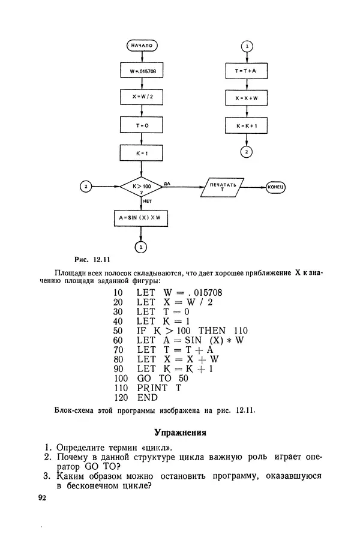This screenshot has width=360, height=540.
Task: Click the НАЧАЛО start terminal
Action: pyautogui.click(x=142, y=46)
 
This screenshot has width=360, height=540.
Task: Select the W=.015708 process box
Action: pyautogui.click(x=142, y=71)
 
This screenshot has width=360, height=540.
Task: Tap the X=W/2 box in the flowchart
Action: pyautogui.click(x=142, y=97)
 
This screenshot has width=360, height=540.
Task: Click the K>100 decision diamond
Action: pyautogui.click(x=142, y=187)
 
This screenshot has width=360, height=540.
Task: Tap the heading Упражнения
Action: pyautogui.click(x=180, y=431)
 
